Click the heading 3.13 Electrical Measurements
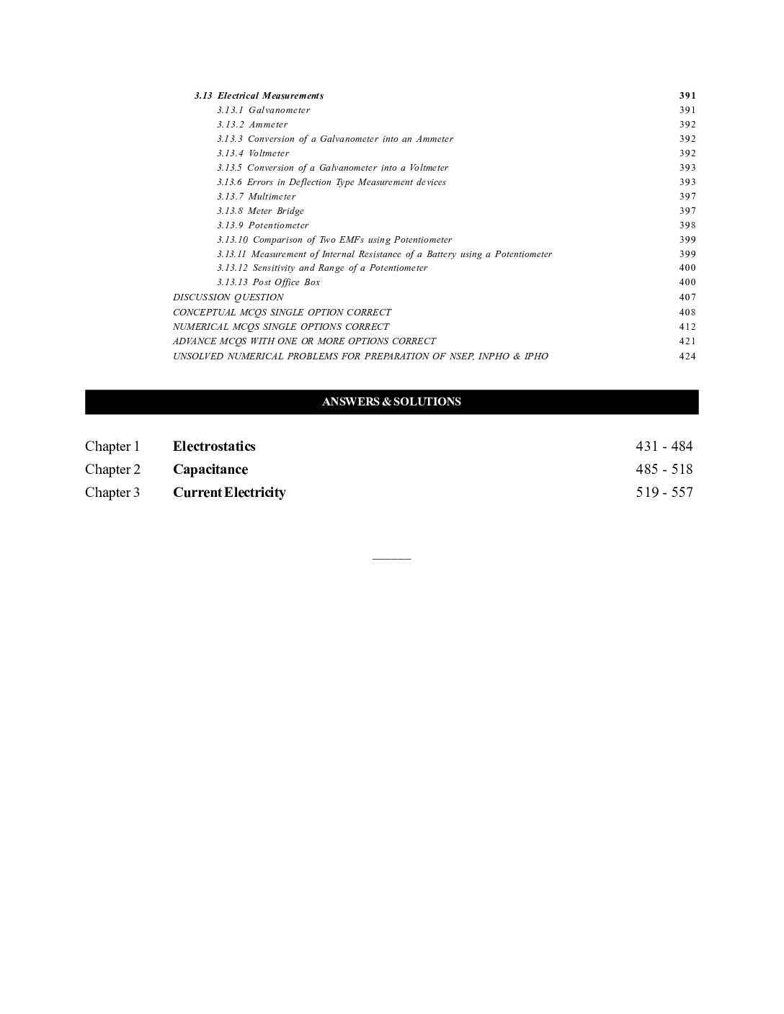click(x=259, y=96)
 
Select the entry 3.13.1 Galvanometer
click(x=264, y=110)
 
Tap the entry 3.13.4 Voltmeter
click(x=253, y=153)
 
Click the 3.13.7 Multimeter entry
click(x=256, y=197)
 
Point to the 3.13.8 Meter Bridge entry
click(x=260, y=211)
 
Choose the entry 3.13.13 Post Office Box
click(x=268, y=282)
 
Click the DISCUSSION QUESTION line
click(x=228, y=297)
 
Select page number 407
click(x=687, y=297)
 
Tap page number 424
click(x=687, y=356)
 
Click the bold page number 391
click(x=687, y=96)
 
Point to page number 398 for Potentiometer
click(x=687, y=225)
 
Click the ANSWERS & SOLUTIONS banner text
click(x=391, y=402)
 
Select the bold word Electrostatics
click(x=214, y=447)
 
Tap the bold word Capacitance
click(x=210, y=470)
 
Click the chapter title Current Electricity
click(x=229, y=493)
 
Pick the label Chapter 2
click(x=112, y=470)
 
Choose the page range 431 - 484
click(x=664, y=447)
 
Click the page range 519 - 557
click(x=664, y=493)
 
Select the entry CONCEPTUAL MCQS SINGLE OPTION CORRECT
click(x=282, y=313)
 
